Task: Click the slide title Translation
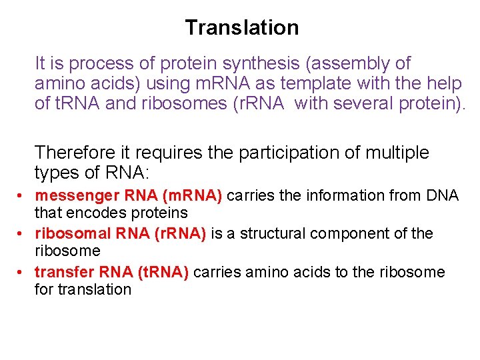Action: pyautogui.click(x=242, y=27)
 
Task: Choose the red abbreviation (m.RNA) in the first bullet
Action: pyautogui.click(x=191, y=196)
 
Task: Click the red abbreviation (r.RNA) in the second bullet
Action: pyautogui.click(x=182, y=234)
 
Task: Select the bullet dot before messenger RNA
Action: pyautogui.click(x=22, y=197)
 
